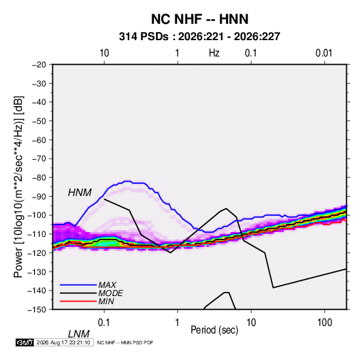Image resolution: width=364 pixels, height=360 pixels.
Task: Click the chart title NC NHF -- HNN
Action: coord(199,19)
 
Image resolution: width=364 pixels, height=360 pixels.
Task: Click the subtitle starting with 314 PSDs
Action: coord(199,37)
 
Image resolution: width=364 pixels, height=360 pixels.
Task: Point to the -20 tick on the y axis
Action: coord(39,65)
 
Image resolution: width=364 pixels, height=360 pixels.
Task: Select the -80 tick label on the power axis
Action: coord(39,178)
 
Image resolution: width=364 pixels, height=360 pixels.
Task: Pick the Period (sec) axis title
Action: coord(214,330)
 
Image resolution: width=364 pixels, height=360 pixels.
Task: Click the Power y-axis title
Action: coord(18,187)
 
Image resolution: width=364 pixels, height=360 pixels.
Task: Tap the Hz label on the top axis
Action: coord(214,53)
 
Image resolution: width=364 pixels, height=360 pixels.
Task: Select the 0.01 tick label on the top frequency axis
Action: coord(324,53)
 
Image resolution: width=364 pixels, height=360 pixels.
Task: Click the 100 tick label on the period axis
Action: coord(325,323)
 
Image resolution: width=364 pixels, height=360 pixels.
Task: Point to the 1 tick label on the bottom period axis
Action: coord(178,323)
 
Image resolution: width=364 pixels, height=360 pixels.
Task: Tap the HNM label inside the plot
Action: coord(80,193)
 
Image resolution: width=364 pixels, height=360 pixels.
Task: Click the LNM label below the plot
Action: coord(79,334)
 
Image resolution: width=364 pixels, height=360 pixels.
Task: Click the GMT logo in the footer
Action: coord(24,342)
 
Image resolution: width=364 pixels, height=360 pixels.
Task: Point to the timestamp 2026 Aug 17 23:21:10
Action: coord(63,342)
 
